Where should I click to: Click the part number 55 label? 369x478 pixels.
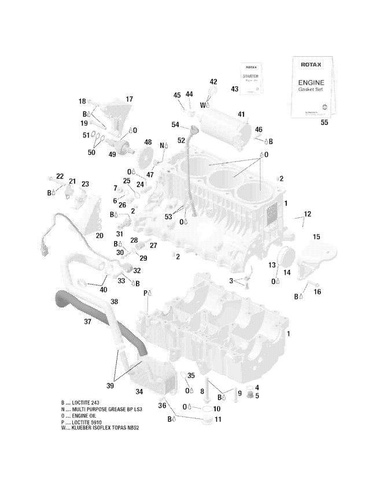[x=324, y=123]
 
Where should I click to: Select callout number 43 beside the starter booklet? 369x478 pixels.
[x=234, y=89]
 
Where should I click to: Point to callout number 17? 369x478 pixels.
[x=129, y=99]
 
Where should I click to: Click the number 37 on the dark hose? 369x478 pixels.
[x=87, y=322]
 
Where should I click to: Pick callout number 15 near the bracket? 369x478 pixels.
[x=316, y=236]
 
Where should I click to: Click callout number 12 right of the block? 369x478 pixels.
[x=307, y=214]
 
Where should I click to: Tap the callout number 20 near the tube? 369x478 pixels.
[x=99, y=236]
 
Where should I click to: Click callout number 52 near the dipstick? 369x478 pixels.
[x=180, y=141]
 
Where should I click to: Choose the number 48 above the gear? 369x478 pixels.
[x=148, y=142]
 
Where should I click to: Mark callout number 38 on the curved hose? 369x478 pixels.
[x=114, y=301]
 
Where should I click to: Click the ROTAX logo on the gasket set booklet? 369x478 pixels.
[x=310, y=65]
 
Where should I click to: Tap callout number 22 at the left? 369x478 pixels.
[x=60, y=176]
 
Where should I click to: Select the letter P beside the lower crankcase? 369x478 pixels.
[x=146, y=293]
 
